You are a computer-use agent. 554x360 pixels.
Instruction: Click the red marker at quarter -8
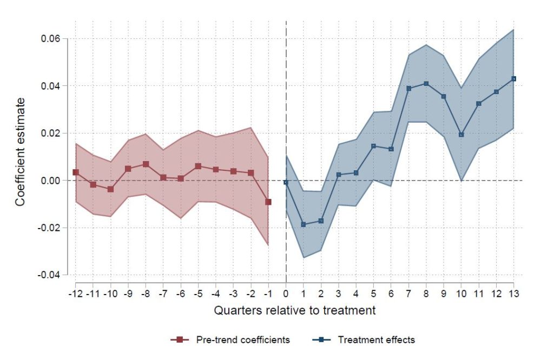(146, 164)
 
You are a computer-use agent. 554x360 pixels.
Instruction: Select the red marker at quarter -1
(268, 202)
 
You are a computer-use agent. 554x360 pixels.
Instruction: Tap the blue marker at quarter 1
(304, 224)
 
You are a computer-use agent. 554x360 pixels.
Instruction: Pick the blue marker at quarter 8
(426, 83)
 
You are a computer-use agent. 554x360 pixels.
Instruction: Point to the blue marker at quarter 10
(461, 135)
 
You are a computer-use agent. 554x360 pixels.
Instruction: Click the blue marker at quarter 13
(514, 78)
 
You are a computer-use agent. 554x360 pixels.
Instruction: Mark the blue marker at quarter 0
(286, 183)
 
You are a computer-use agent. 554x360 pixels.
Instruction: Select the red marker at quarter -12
(76, 172)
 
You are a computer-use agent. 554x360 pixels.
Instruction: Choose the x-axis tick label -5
(197, 295)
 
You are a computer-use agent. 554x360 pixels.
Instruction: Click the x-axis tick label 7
(408, 295)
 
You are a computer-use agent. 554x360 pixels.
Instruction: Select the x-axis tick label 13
(513, 295)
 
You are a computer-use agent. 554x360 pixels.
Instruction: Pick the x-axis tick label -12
(75, 295)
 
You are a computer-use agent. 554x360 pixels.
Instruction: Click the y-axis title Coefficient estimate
(20, 152)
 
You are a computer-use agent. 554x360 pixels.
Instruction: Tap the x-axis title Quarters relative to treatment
(294, 311)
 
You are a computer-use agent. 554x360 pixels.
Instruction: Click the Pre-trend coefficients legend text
(243, 340)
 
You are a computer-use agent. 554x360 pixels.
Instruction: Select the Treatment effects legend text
(376, 340)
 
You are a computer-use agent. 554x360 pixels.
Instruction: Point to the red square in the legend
(179, 340)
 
